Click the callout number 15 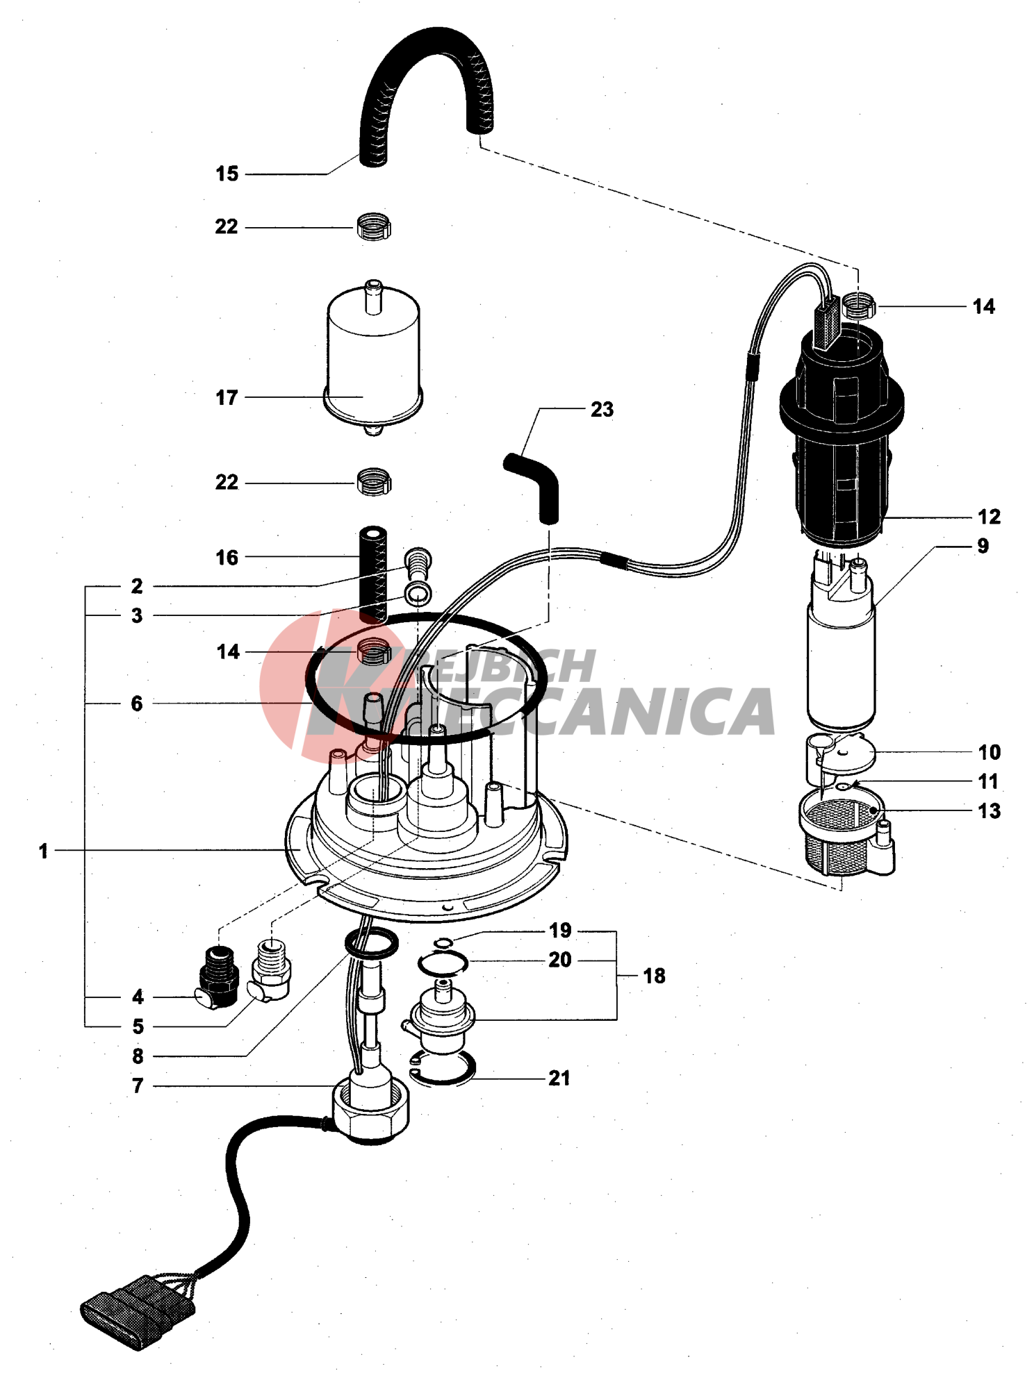pyautogui.click(x=227, y=174)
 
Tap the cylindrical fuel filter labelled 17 pyautogui.click(x=373, y=354)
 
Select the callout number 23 pyautogui.click(x=602, y=410)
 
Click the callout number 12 pyautogui.click(x=988, y=517)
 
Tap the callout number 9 pyautogui.click(x=982, y=546)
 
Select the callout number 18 pyautogui.click(x=654, y=976)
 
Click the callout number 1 pyautogui.click(x=43, y=851)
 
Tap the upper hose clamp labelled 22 pyautogui.click(x=374, y=227)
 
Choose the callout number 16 pyautogui.click(x=227, y=558)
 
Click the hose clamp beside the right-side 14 pyautogui.click(x=858, y=305)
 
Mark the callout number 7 pyautogui.click(x=138, y=1085)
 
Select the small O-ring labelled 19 pyautogui.click(x=443, y=942)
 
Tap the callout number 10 pyautogui.click(x=989, y=752)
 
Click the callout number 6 pyautogui.click(x=137, y=704)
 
